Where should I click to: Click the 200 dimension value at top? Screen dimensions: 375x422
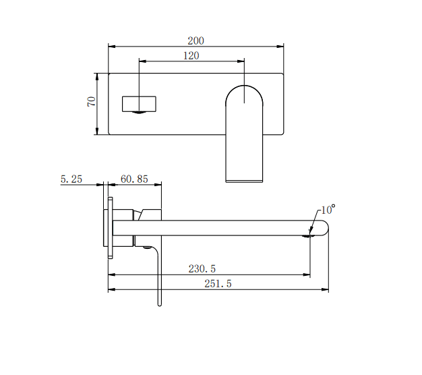tap(195, 40)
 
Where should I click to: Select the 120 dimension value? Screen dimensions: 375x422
tap(191, 55)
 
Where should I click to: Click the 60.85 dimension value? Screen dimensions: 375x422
tap(134, 179)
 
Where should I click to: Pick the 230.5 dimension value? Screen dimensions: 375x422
tap(203, 268)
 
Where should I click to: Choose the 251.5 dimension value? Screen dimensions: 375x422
tap(218, 284)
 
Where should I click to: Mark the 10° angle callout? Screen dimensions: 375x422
tap(328, 210)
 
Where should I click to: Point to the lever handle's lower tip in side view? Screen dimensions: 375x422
tap(160, 303)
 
